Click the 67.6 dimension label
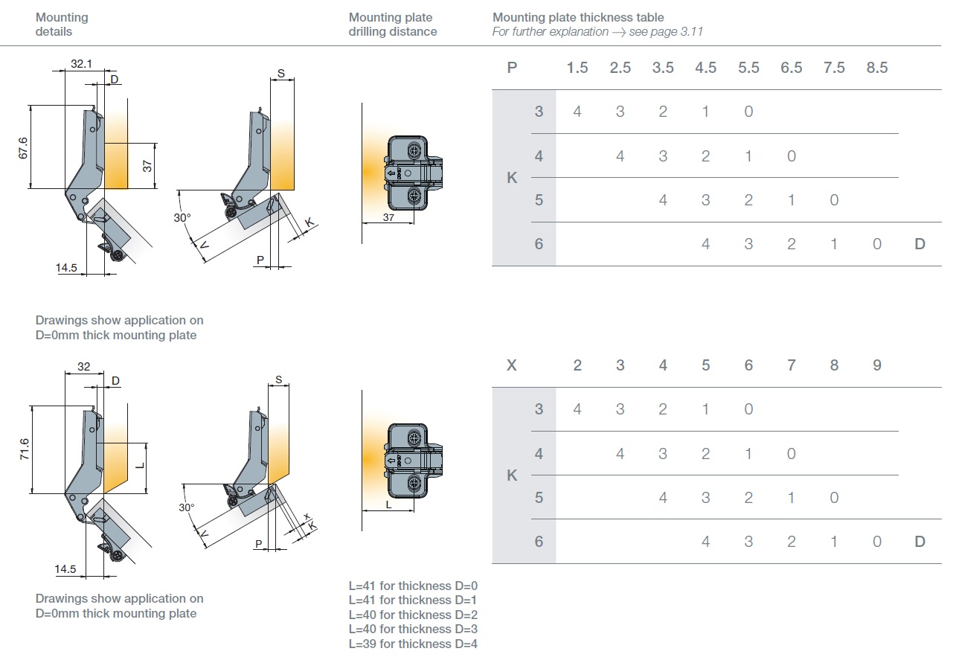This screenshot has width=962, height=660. click(23, 147)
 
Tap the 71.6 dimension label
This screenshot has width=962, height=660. click(24, 449)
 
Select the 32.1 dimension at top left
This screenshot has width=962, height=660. click(82, 64)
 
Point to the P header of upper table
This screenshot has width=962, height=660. click(512, 68)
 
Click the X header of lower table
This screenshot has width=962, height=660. click(512, 365)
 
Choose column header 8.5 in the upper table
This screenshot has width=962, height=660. click(877, 68)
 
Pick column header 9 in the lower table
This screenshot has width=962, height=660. click(877, 365)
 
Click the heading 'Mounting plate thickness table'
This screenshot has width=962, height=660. click(578, 17)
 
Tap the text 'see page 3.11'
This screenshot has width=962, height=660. click(666, 32)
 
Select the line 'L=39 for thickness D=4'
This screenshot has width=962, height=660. click(413, 644)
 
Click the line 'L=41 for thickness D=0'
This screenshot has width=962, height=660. click(413, 586)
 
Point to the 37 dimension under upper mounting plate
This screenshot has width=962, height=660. click(388, 217)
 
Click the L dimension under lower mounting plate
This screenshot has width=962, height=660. click(388, 504)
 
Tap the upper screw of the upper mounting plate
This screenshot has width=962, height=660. click(414, 152)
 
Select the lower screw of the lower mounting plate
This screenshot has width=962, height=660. click(414, 484)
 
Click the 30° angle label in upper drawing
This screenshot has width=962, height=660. click(183, 218)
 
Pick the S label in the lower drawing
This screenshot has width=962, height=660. click(278, 380)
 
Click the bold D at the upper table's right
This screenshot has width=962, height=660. click(920, 244)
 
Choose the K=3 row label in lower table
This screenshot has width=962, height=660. click(539, 409)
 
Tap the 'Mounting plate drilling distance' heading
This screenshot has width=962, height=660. click(393, 25)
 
